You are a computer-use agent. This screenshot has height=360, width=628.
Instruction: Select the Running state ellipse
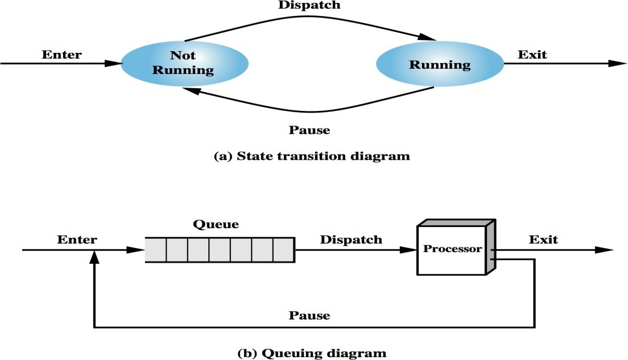[x=440, y=64]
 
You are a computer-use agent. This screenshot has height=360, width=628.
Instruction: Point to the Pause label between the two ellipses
[x=309, y=130]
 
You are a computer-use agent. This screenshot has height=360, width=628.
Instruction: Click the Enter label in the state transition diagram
[x=62, y=55]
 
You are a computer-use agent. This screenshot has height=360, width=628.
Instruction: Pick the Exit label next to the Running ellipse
[x=532, y=55]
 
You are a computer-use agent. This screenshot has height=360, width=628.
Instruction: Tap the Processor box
[x=452, y=249]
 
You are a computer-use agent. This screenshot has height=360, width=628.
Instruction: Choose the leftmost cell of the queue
[x=155, y=250]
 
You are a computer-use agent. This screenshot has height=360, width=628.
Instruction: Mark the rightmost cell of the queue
[x=283, y=250]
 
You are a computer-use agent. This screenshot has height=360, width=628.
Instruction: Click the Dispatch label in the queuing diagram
[x=350, y=239]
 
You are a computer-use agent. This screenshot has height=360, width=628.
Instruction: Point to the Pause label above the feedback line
[x=309, y=315]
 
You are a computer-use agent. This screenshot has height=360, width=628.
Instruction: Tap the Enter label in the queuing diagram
[x=77, y=239]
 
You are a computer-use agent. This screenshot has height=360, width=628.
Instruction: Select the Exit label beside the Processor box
[x=543, y=239]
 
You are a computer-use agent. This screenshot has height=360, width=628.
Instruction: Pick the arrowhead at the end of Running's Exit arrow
[x=617, y=64]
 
